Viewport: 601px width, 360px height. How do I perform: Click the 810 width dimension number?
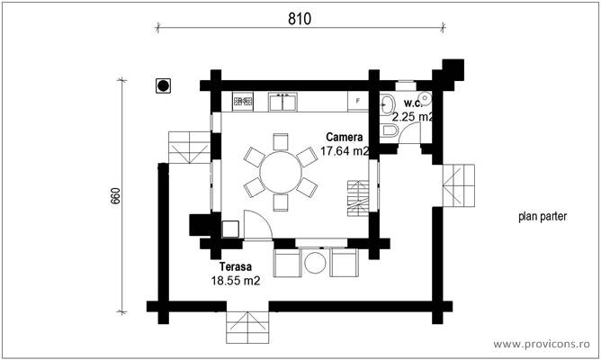(300, 19)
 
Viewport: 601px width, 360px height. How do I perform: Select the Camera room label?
(345, 137)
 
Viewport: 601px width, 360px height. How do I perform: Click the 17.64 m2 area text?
(345, 151)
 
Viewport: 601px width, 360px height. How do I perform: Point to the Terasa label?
(235, 267)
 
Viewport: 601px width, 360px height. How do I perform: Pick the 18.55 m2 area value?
(236, 281)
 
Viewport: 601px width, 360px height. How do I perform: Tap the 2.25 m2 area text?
(412, 117)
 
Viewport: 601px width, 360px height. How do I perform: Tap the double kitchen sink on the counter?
(283, 102)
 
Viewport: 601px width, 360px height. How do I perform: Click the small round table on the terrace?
(315, 263)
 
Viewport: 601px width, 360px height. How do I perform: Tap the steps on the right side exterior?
(457, 186)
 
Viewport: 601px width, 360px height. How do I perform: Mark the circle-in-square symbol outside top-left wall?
(164, 85)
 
